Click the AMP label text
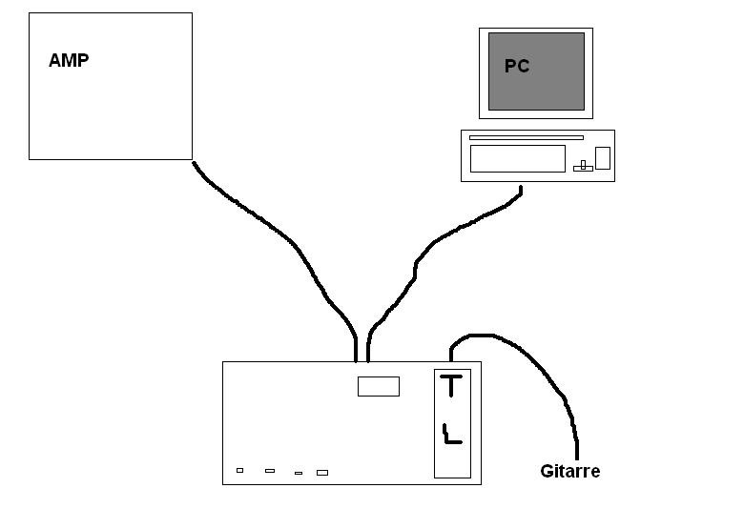coord(69,60)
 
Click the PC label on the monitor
coord(517,66)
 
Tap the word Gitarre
coord(569,471)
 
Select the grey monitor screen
coord(536,71)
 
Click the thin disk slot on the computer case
coord(527,137)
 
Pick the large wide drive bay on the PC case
coord(518,158)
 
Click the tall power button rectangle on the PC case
coord(603,158)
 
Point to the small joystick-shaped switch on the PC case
coord(583,166)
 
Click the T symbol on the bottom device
coord(451,385)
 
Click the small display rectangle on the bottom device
coord(379,386)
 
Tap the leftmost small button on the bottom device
coord(240,470)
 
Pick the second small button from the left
coord(270,471)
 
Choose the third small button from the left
coord(299,473)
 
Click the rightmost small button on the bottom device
coord(322,473)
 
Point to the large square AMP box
coord(111,87)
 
